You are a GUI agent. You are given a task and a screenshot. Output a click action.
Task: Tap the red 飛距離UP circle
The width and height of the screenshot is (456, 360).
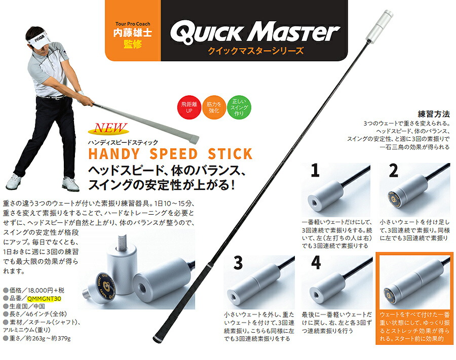point(189,107)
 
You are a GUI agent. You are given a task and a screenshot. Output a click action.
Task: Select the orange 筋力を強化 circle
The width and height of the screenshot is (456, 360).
point(214,107)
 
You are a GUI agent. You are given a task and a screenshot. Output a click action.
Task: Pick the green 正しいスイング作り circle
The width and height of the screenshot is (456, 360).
point(239,107)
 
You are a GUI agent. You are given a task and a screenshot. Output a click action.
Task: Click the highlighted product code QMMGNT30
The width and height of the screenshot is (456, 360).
point(44,298)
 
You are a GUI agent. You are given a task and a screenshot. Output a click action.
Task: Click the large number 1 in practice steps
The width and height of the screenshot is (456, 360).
point(315,170)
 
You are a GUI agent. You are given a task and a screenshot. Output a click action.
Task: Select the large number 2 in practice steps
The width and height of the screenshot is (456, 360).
point(393,170)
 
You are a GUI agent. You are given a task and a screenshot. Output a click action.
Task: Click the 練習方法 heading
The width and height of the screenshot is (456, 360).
point(434,114)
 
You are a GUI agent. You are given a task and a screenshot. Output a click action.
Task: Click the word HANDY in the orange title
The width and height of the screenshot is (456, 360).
point(113,154)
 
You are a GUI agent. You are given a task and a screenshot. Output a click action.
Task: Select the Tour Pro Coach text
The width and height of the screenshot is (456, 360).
point(133,24)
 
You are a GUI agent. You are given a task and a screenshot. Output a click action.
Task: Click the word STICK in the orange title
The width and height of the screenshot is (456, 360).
point(230,154)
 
